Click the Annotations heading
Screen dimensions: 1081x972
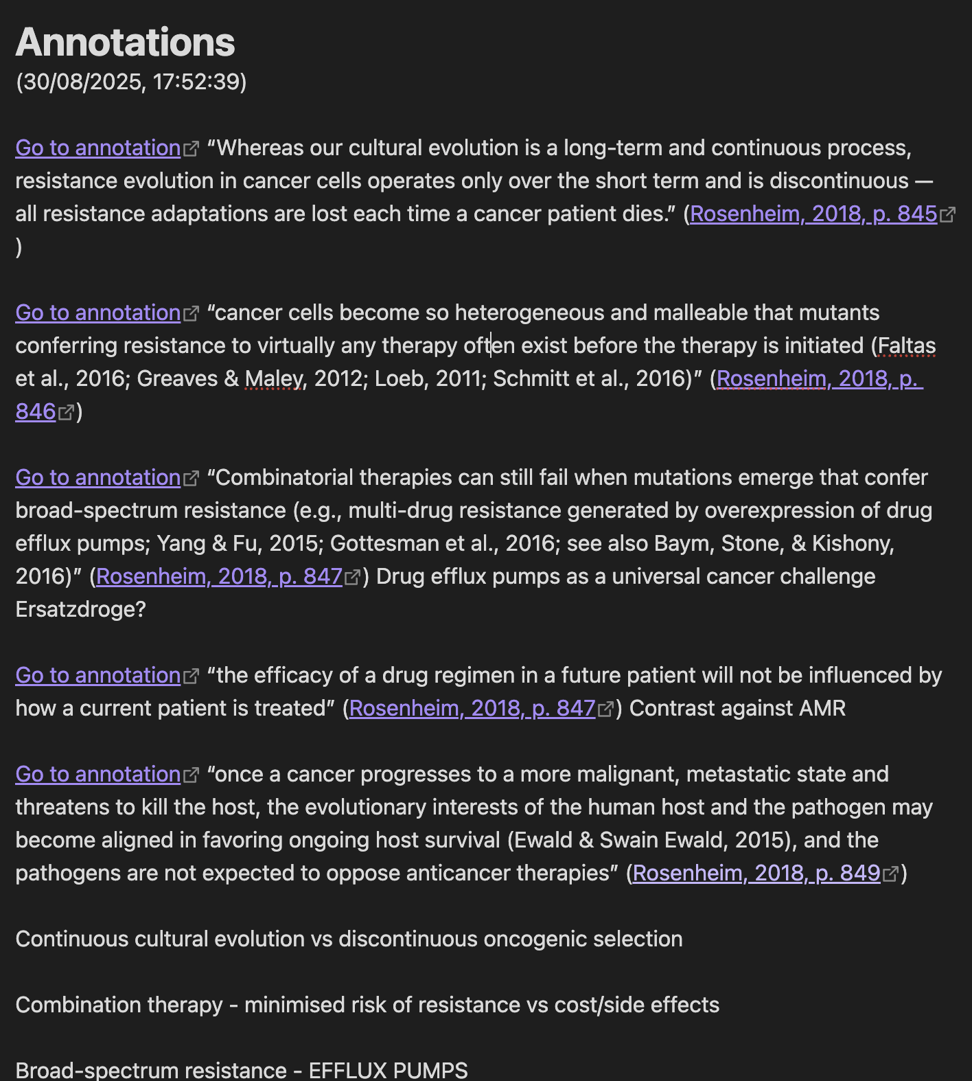tap(125, 43)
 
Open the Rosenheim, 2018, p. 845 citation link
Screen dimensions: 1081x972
tap(813, 214)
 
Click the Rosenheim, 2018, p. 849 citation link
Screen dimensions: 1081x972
tap(756, 873)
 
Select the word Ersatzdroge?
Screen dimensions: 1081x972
tap(80, 609)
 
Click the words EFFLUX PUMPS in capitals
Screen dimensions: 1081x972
tap(388, 1070)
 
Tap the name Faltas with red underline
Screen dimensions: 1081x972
tap(907, 345)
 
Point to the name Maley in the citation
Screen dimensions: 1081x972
tap(274, 378)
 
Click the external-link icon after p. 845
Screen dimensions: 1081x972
tap(947, 215)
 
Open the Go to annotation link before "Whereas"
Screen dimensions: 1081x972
tap(97, 148)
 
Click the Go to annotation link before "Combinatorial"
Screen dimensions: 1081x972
tap(97, 477)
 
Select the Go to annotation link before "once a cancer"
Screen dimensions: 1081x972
tap(97, 774)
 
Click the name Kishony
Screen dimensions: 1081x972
tap(853, 543)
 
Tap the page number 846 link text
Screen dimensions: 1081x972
tap(36, 411)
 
